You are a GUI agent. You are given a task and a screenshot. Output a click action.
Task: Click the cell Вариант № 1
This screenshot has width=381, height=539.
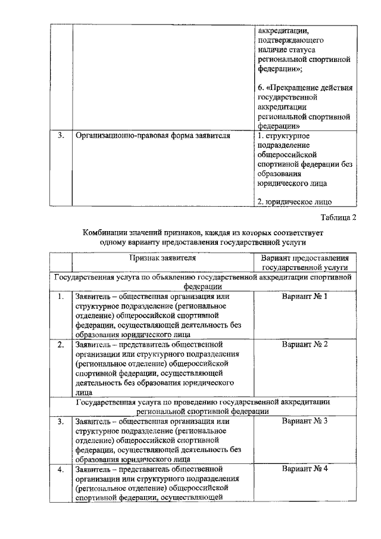[305, 296]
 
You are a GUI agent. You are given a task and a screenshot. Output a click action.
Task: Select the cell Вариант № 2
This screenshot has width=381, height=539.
[305, 344]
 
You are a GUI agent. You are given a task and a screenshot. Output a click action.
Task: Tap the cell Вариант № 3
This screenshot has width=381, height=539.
[305, 422]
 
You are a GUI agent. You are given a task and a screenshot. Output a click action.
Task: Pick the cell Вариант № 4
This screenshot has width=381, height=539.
[305, 469]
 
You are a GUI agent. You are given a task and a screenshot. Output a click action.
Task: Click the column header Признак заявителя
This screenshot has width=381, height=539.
[163, 258]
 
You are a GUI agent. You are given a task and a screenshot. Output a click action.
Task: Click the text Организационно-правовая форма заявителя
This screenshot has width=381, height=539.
[152, 135]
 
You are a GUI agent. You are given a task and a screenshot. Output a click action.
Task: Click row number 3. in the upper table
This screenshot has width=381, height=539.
[61, 135]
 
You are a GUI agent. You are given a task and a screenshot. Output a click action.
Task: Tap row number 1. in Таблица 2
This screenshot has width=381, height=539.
[61, 296]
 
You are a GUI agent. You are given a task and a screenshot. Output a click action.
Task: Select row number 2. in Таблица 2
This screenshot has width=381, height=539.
[61, 344]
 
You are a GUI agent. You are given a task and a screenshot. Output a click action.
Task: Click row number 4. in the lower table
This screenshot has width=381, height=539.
[61, 469]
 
